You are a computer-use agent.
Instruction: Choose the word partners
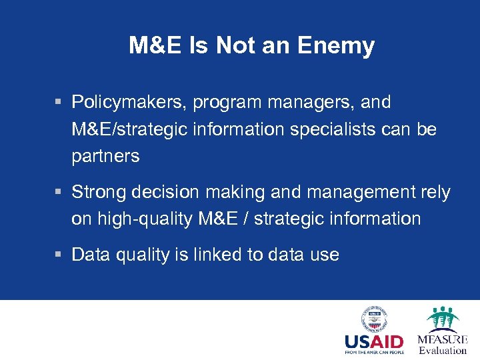pos(105,156)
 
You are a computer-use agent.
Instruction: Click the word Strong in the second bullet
pos(101,193)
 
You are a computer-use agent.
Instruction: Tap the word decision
pos(166,193)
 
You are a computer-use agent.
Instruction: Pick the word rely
pos(434,193)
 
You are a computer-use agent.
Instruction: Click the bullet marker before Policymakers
pos(59,103)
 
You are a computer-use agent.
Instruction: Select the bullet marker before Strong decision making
pos(59,193)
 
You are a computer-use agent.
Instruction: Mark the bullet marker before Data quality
pos(59,255)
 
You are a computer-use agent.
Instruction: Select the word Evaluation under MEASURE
pos(443,350)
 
